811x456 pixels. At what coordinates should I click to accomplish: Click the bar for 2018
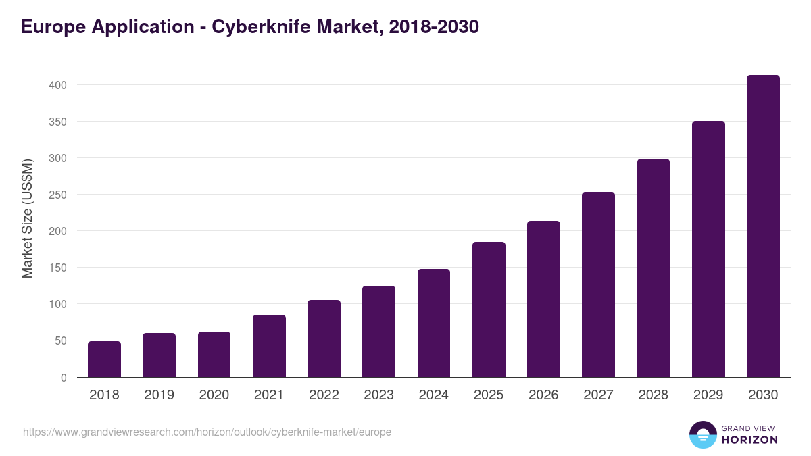[x=104, y=359]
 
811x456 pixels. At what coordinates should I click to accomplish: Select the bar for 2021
[x=269, y=346]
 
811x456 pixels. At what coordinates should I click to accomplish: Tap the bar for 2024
[x=434, y=323]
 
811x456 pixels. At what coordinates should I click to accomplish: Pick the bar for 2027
[x=598, y=284]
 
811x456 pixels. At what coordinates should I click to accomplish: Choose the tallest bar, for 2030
[x=763, y=226]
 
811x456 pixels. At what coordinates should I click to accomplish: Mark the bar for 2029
[x=708, y=249]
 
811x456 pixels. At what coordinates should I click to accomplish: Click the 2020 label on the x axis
[x=214, y=395]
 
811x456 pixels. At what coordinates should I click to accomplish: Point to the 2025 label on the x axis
[x=489, y=395]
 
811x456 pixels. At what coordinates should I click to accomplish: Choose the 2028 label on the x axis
[x=654, y=395]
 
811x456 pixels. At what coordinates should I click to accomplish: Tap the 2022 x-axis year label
[x=324, y=395]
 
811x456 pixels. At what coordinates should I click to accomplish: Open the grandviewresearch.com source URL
[x=207, y=432]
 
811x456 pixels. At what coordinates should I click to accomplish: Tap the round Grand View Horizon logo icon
[x=702, y=434]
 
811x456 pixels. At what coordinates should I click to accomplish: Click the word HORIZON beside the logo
[x=749, y=440]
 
